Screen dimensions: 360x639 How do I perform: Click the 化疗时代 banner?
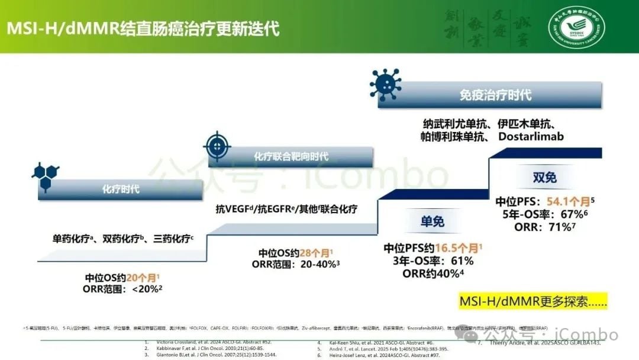(x=121, y=189)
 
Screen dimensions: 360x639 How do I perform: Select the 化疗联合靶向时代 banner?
(x=291, y=156)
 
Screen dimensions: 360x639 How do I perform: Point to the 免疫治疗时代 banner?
(x=495, y=95)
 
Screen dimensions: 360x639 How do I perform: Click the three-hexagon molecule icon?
(x=46, y=171)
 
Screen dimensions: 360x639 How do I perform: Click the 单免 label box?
(x=432, y=221)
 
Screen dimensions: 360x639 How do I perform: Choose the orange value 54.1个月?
(x=567, y=202)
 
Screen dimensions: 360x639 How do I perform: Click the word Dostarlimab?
(x=531, y=136)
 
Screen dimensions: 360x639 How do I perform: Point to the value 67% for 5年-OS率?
(x=571, y=214)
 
